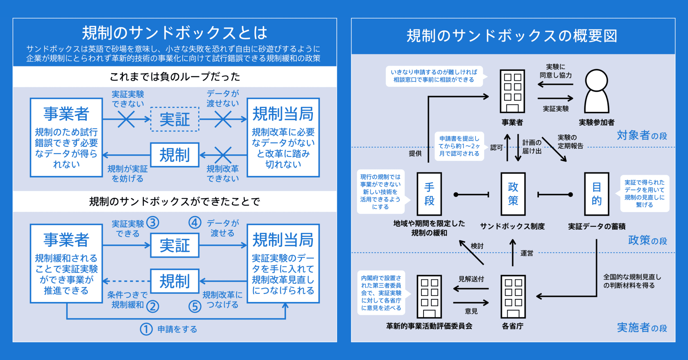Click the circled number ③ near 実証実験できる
tap(153, 222)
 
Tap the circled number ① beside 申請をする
tap(146, 329)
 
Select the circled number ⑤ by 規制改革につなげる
tap(195, 306)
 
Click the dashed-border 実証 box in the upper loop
tap(175, 119)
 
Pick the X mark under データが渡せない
tap(223, 119)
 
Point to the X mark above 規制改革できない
tap(223, 155)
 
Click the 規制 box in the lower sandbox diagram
tap(175, 281)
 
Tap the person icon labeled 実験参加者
tap(596, 91)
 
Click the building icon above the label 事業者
tap(512, 91)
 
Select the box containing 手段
tap(429, 194)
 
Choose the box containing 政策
tap(513, 194)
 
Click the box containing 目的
tap(596, 194)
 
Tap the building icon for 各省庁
tap(513, 297)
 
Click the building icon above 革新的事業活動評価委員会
tap(429, 297)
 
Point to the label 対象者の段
tap(641, 135)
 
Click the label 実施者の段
tap(641, 327)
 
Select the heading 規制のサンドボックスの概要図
tap(512, 36)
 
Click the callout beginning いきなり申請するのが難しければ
tap(434, 76)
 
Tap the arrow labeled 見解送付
tap(471, 288)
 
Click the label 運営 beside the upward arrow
tap(526, 253)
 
